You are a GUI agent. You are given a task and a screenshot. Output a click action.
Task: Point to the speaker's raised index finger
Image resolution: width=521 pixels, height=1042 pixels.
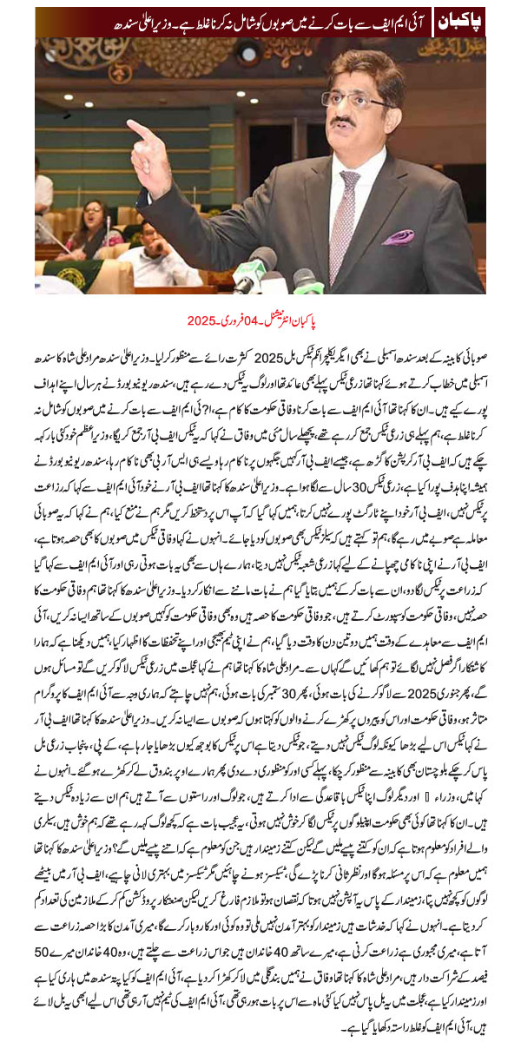coord(139,131)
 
